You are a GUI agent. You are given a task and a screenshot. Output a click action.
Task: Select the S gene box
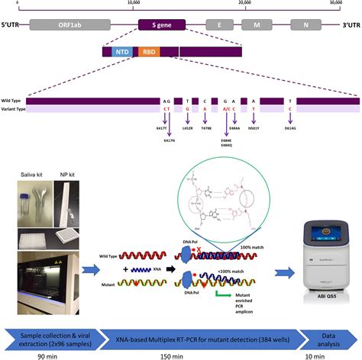158,24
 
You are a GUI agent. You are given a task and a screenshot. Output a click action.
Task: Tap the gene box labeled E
219,24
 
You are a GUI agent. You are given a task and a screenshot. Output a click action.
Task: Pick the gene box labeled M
257,24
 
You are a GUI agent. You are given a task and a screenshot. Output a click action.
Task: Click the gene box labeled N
305,24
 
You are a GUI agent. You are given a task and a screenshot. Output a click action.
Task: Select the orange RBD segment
146,52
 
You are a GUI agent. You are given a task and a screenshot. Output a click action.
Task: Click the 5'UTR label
16,24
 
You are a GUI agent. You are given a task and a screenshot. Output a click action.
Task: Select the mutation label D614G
289,128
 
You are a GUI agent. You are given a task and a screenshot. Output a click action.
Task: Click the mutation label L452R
187,128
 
